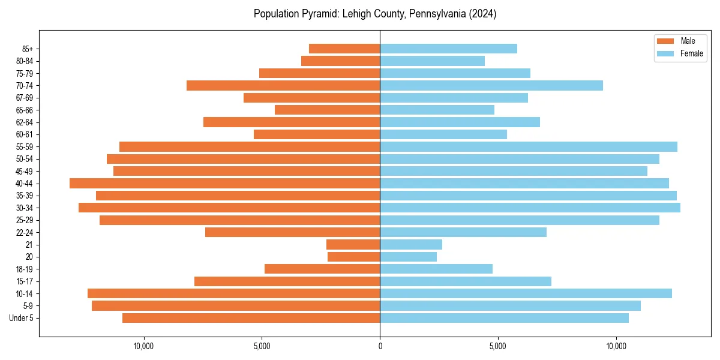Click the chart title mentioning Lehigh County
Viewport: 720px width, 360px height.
375,14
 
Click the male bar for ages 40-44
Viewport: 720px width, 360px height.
224,184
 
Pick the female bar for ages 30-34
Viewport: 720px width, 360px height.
530,208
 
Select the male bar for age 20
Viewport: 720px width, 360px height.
353,257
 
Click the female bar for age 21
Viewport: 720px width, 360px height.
411,244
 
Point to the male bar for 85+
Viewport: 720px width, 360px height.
344,49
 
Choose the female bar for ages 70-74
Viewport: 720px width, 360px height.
491,85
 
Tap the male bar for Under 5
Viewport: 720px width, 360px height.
251,318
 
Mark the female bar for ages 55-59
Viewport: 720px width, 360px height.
529,146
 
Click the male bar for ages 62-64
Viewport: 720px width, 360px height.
292,122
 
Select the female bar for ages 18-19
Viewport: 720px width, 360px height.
436,269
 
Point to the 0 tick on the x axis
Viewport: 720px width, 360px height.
380,346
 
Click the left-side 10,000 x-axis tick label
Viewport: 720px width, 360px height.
144,346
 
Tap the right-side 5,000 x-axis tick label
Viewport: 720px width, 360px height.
498,346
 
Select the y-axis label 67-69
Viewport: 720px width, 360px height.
25,98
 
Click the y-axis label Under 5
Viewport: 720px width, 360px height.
22,318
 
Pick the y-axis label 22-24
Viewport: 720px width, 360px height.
25,232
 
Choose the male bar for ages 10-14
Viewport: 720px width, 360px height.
233,293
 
